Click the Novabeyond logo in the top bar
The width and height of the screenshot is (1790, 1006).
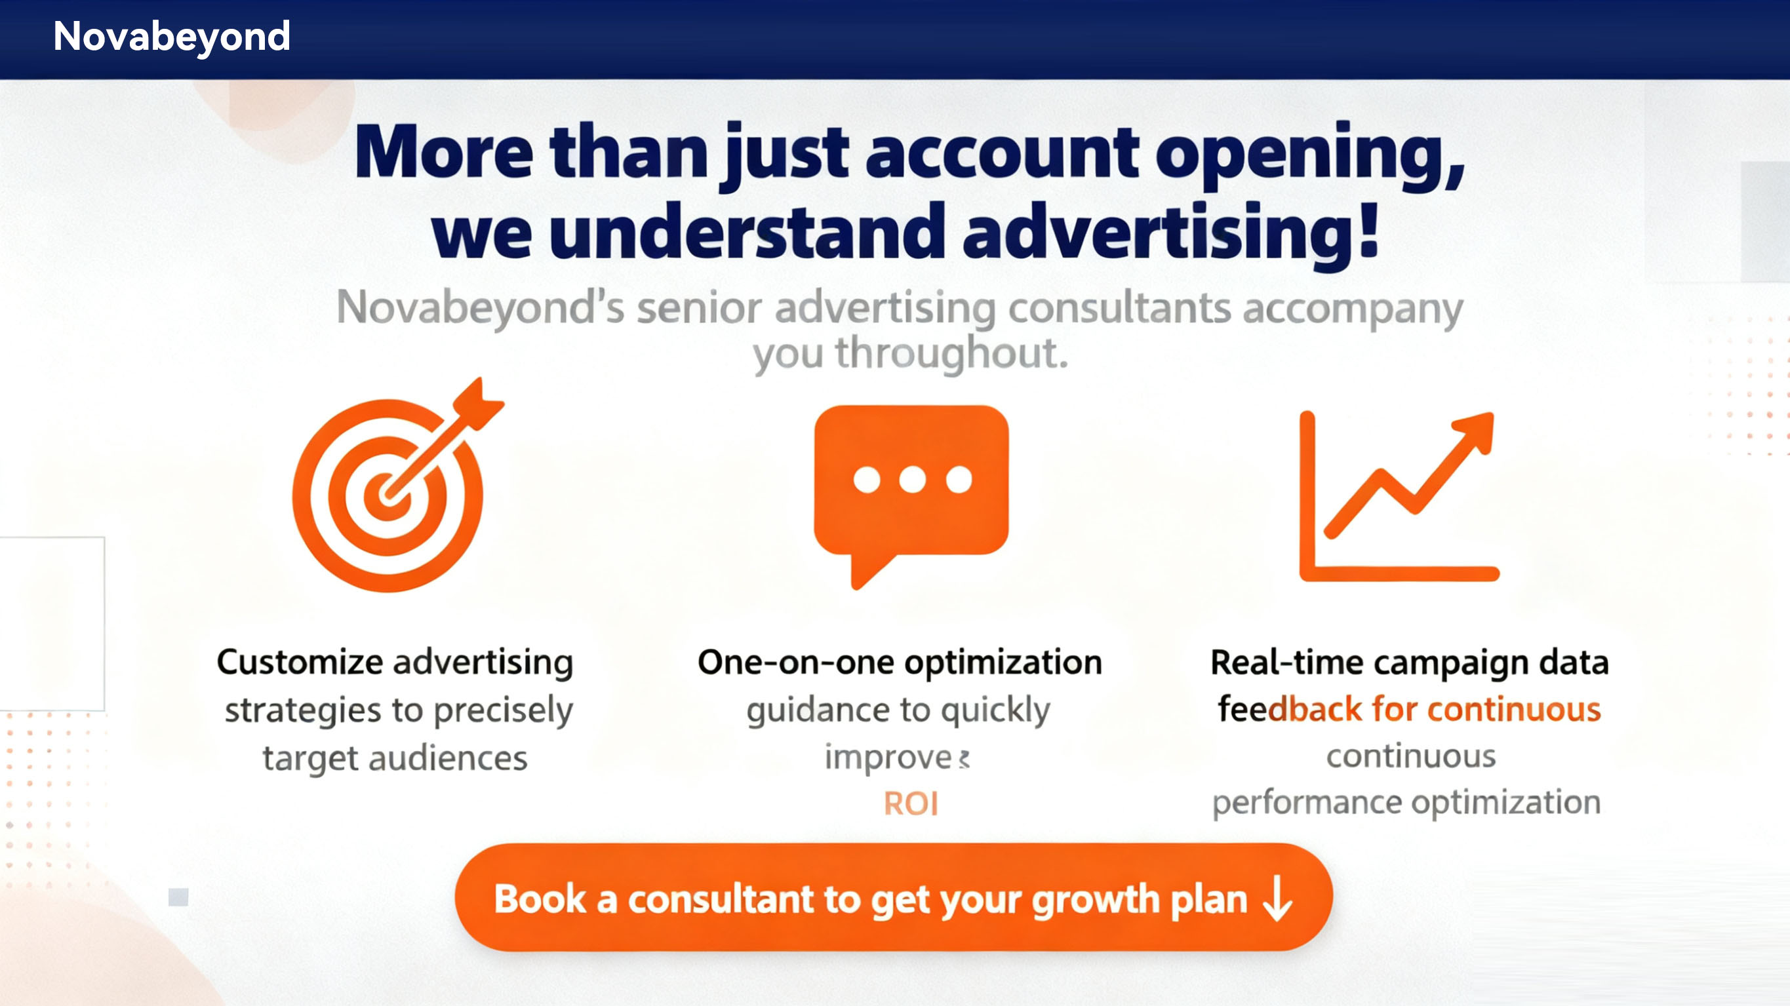click(x=172, y=36)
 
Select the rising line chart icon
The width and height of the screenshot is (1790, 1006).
click(x=1398, y=496)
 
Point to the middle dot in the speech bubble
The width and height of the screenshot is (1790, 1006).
click(x=912, y=479)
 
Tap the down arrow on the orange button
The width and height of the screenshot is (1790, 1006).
click(x=1278, y=899)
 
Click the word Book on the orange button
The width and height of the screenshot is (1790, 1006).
click(x=540, y=899)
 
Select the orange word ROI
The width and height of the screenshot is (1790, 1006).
click(x=911, y=804)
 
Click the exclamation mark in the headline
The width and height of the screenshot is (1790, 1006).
click(x=1368, y=229)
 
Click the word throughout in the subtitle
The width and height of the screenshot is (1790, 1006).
click(x=951, y=355)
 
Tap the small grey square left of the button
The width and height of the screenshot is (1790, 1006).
click(x=178, y=897)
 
